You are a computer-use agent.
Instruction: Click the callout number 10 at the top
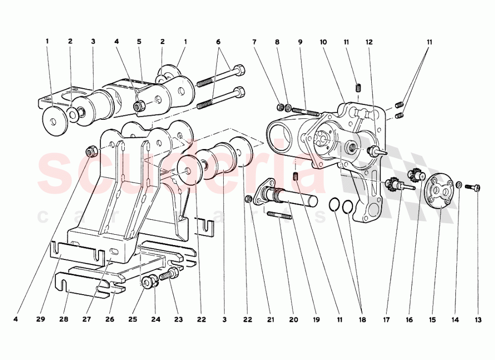(x=323, y=42)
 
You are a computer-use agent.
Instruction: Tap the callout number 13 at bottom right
(x=478, y=320)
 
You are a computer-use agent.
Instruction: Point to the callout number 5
(x=139, y=42)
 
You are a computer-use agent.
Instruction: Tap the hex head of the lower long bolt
(x=240, y=92)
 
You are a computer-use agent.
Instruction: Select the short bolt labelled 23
(x=171, y=273)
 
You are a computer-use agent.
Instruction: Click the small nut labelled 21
(x=248, y=199)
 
